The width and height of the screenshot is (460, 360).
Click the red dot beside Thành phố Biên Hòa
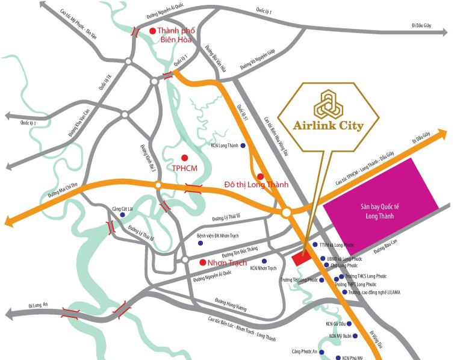pos(153,31)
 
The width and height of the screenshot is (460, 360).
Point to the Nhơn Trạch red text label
pos(227,262)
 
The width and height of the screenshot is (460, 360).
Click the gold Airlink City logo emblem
pos(328,104)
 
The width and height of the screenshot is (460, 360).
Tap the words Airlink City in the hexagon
pos(328,126)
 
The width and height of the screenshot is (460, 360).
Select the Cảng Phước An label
pos(303,352)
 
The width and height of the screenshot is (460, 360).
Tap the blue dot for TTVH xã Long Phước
pos(315,244)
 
